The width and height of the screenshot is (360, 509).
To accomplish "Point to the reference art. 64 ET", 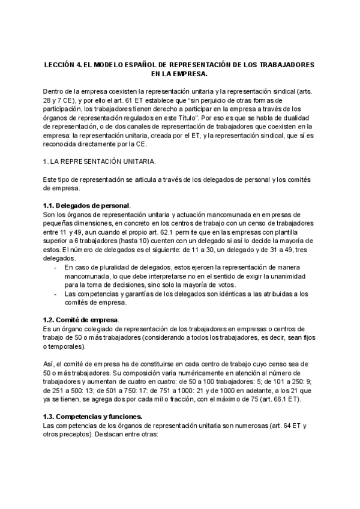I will click(284, 426).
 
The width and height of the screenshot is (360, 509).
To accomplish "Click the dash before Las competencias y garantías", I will click(56, 294).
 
